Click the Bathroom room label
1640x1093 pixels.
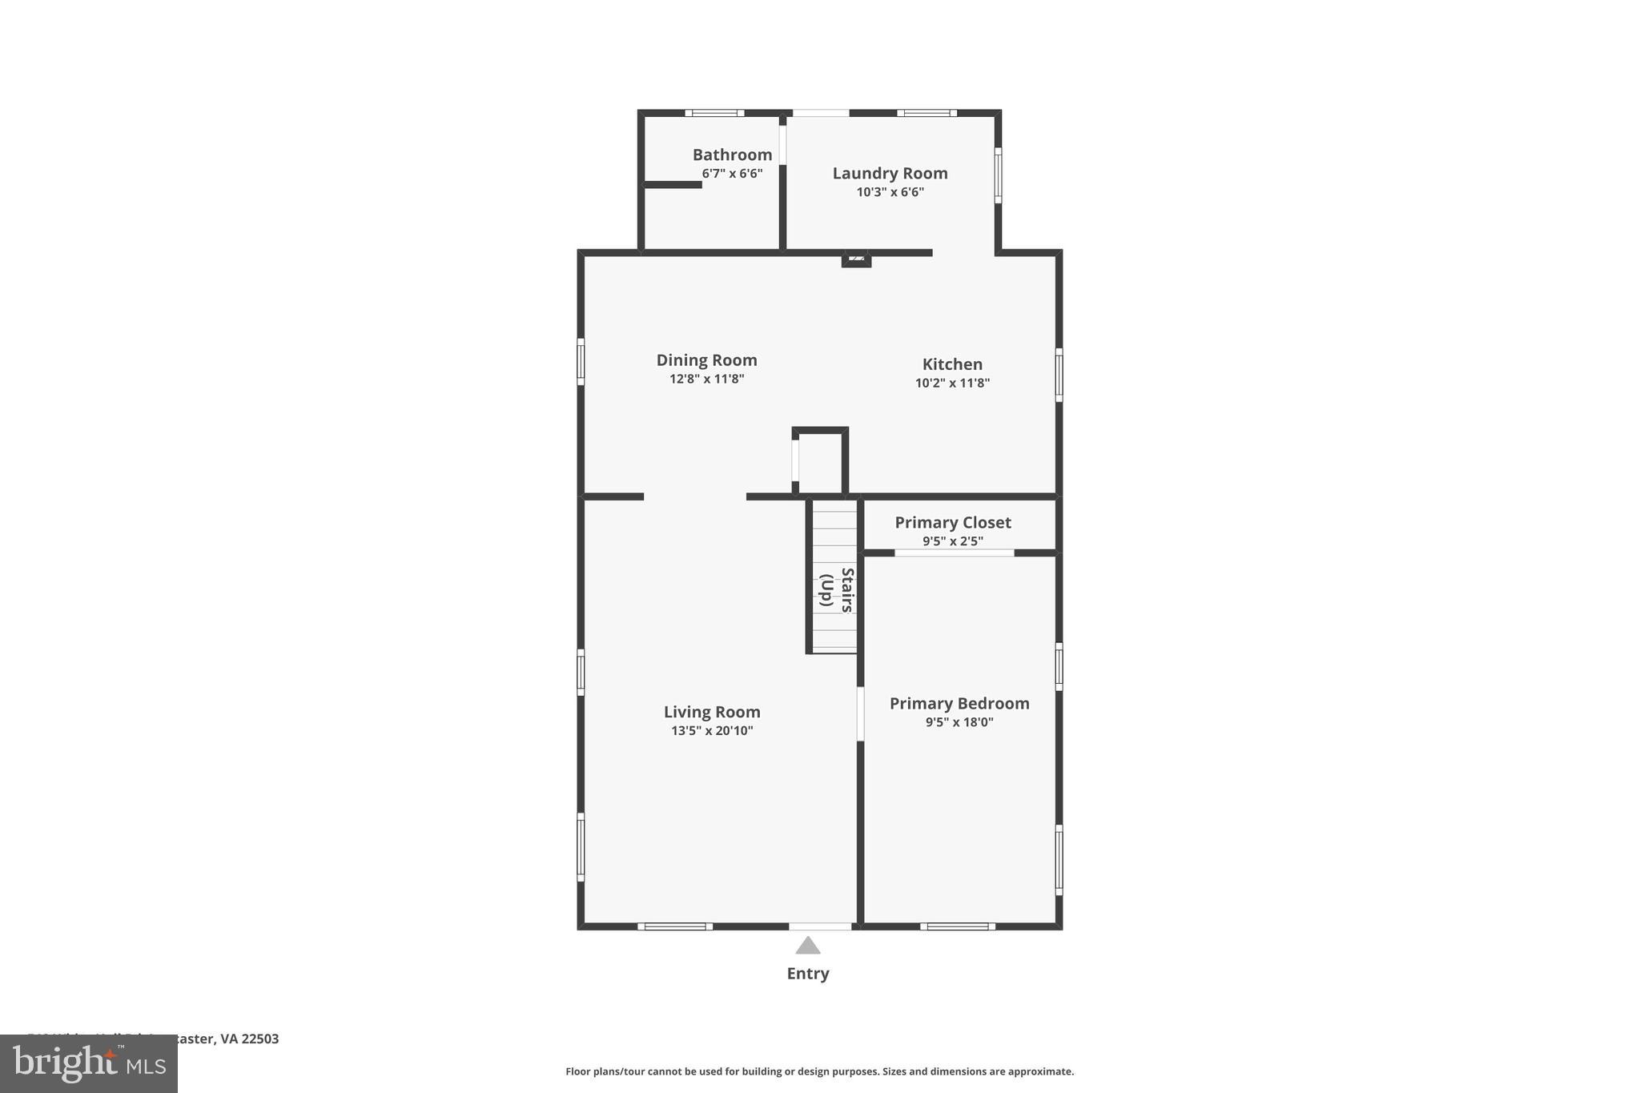point(732,155)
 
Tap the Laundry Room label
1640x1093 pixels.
point(890,173)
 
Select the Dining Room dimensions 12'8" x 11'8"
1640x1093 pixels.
point(706,379)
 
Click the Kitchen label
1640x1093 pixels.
point(952,364)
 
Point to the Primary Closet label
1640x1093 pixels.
point(952,522)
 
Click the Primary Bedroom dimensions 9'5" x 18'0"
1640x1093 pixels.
point(959,722)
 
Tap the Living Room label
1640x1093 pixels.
point(712,712)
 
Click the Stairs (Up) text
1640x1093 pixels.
point(837,590)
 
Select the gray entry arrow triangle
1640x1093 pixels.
point(808,946)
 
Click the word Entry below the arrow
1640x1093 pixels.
point(808,974)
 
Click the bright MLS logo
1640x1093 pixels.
point(89,1064)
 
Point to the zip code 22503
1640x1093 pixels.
point(260,1039)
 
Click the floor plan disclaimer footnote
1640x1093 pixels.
point(819,1071)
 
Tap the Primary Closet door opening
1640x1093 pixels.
point(954,553)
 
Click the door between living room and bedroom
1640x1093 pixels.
point(860,713)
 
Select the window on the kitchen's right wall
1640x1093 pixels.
point(1059,375)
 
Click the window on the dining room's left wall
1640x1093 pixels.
point(581,361)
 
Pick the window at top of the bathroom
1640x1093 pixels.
point(714,113)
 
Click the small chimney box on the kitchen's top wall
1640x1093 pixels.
point(856,259)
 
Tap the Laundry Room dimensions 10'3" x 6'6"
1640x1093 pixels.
point(890,192)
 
